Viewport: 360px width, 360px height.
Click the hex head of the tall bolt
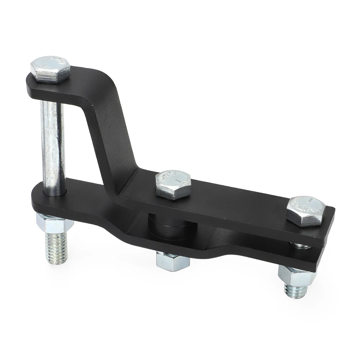50,69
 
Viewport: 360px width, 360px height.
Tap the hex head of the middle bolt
173,183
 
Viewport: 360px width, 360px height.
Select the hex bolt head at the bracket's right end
306,211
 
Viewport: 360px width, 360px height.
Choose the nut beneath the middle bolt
173,261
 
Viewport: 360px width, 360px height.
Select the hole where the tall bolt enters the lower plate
53,193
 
